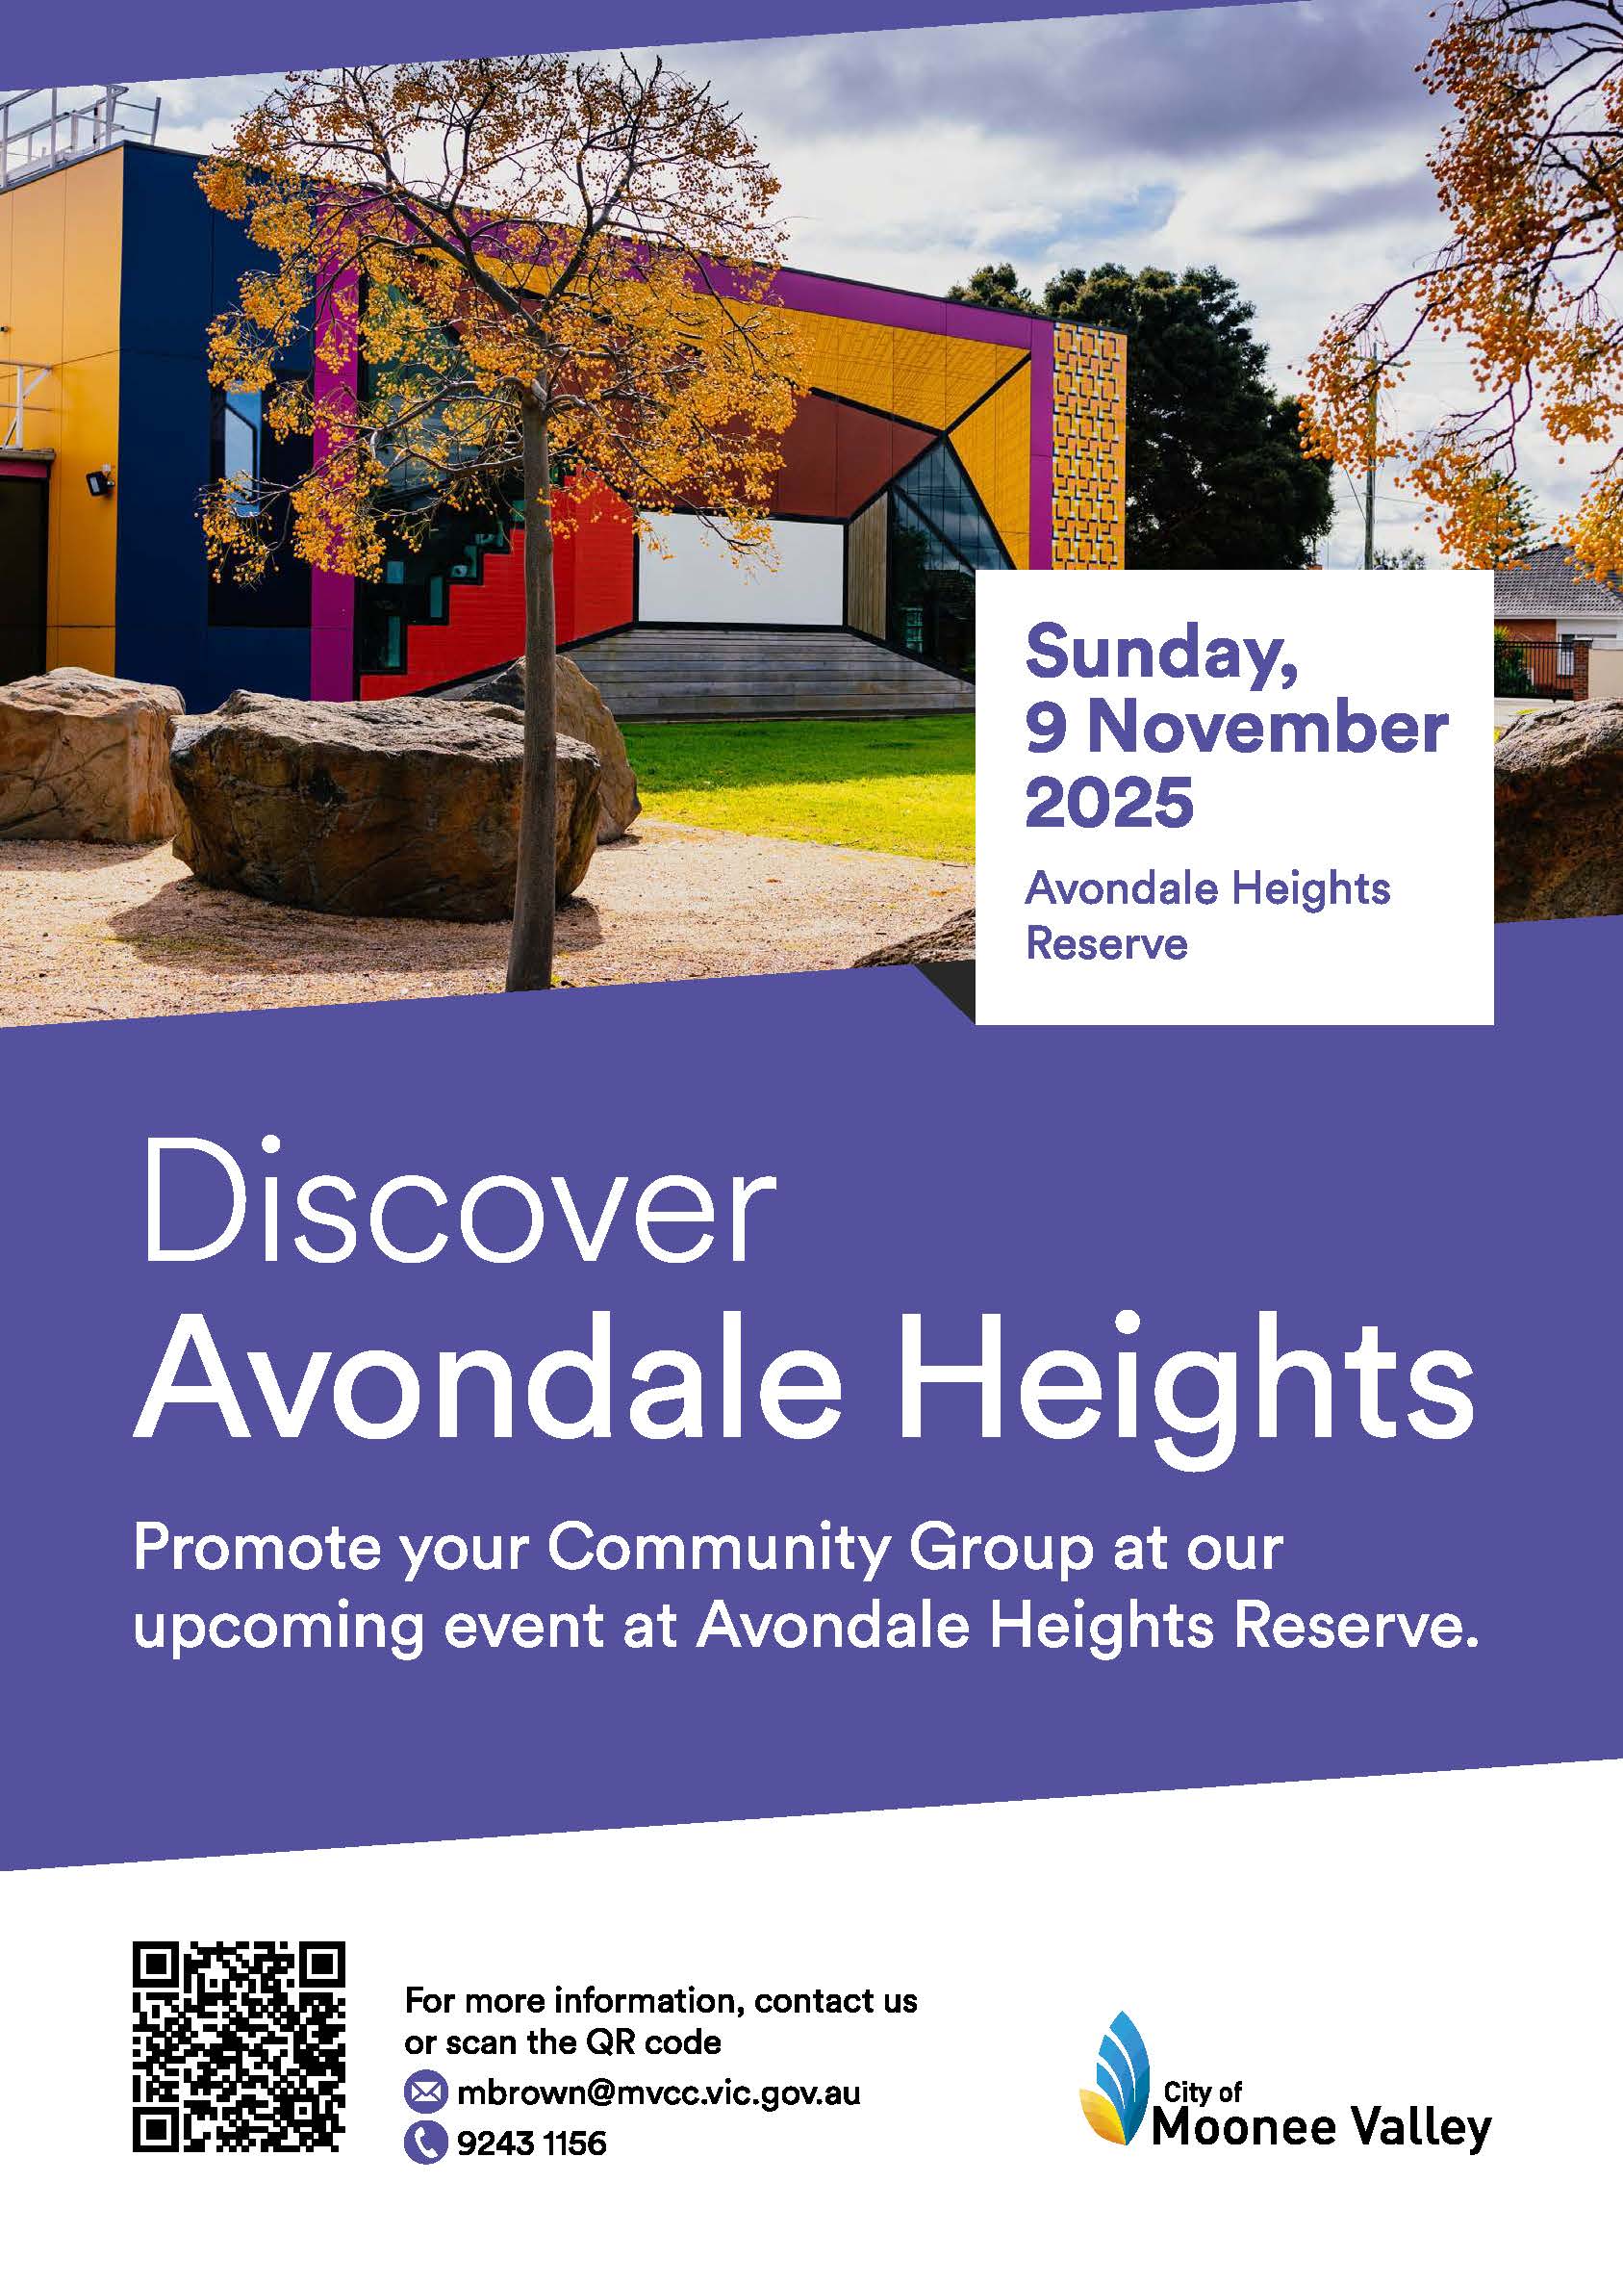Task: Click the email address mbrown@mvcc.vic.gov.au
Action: [x=659, y=2092]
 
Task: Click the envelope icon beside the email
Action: [x=424, y=2092]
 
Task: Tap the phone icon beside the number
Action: [x=424, y=2144]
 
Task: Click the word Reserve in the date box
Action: [x=1107, y=943]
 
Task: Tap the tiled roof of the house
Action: [x=1560, y=579]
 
